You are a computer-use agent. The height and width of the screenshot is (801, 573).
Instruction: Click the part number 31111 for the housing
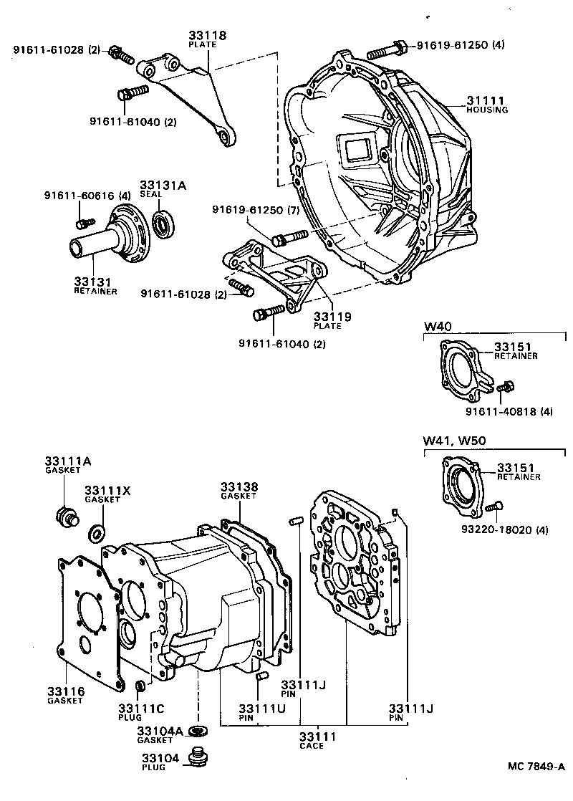point(486,100)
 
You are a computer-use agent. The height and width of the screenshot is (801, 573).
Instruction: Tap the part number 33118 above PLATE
point(206,34)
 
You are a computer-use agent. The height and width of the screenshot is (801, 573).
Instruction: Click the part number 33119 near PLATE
point(327,316)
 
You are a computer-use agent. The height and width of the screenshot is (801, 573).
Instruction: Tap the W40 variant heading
point(436,327)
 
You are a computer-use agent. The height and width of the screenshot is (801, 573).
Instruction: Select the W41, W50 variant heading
point(452,441)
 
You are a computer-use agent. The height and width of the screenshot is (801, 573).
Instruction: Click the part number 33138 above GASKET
point(239,486)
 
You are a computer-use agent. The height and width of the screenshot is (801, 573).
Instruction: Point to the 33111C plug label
point(140,708)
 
